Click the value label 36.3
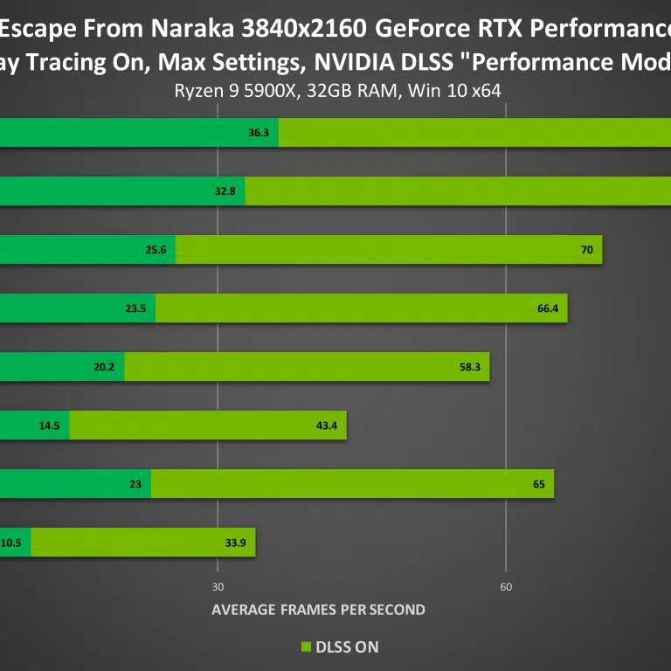[x=259, y=134]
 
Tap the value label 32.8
[x=225, y=191]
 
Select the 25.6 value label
[x=156, y=250]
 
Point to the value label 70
[x=586, y=250]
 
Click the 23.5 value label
[x=135, y=308]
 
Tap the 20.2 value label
[x=104, y=367]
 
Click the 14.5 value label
[x=49, y=425]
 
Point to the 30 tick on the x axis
[x=218, y=586]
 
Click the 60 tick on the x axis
[x=506, y=586]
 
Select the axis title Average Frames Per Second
[x=318, y=610]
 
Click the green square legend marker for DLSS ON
[x=306, y=647]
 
